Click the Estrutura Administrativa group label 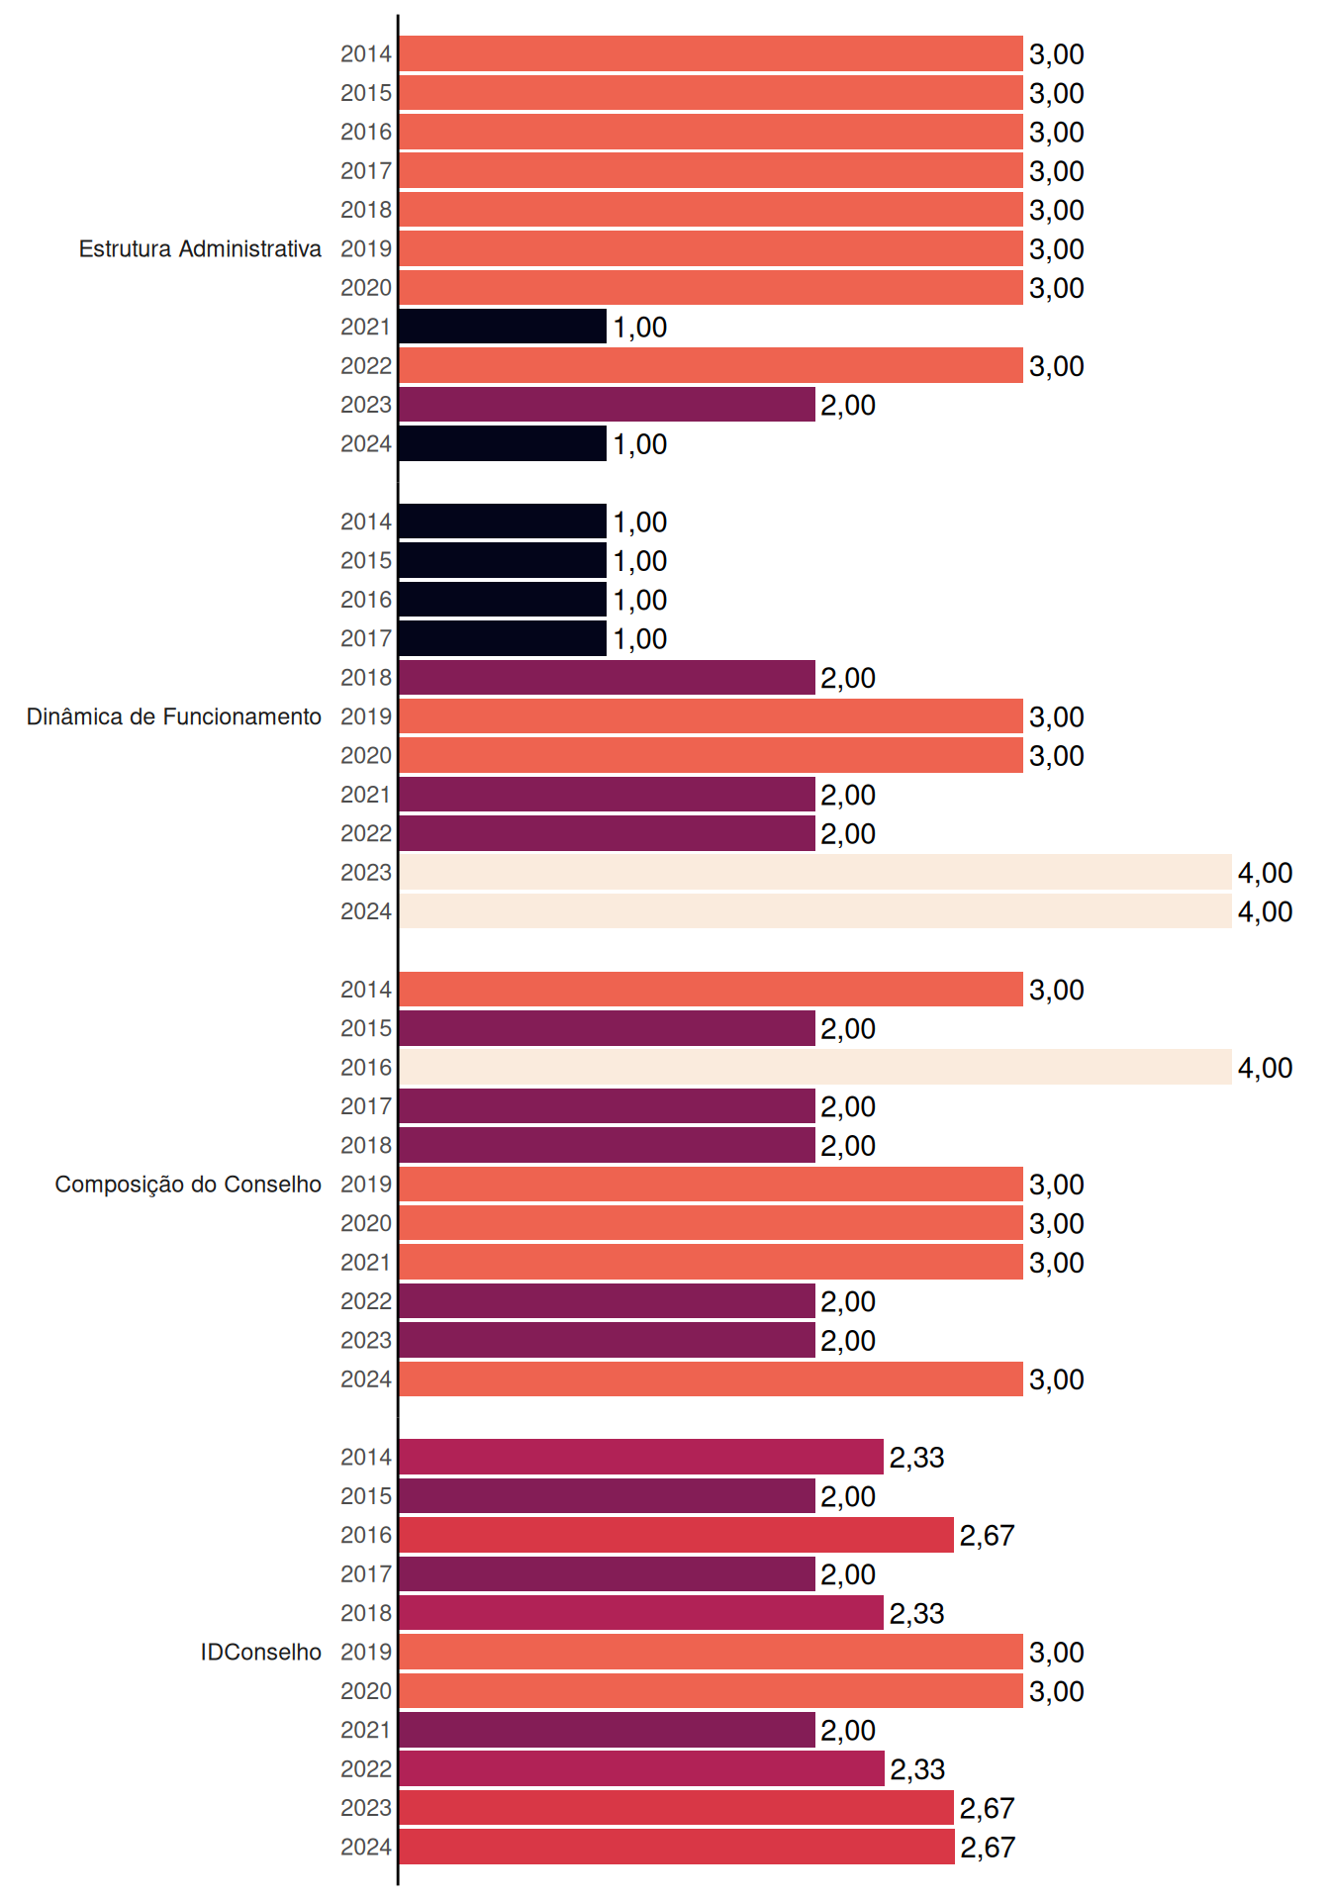point(200,248)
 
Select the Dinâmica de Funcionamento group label point(174,716)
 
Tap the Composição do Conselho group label point(188,1185)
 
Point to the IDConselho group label point(261,1652)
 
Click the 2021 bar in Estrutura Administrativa point(503,327)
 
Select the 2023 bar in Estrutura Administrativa point(607,405)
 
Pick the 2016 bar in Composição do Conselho point(815,1067)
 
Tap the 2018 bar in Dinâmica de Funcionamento point(607,678)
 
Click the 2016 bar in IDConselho point(676,1535)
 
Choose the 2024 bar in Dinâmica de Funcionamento point(815,911)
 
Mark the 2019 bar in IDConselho point(711,1652)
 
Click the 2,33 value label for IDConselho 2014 point(917,1458)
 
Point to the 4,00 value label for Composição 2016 point(1266,1068)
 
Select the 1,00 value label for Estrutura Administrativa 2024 point(640,444)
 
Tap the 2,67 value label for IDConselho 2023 point(988,1808)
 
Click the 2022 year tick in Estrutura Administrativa point(366,366)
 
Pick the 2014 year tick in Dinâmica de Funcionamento point(366,522)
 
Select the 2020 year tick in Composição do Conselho point(366,1223)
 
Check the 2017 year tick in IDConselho point(366,1573)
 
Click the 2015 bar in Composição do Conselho point(607,1028)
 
